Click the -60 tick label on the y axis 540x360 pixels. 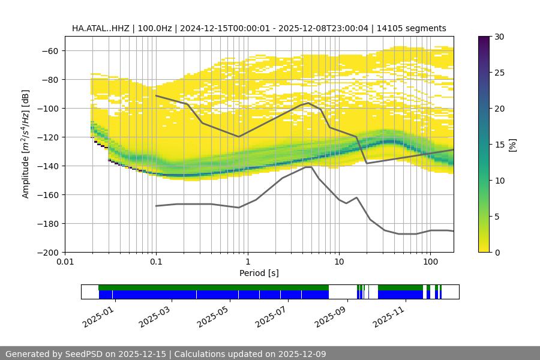pos(49,50)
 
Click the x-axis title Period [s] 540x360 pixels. pos(259,273)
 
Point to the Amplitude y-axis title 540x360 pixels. pos(25,144)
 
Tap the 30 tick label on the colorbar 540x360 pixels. pos(499,37)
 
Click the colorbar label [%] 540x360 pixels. pos(512,145)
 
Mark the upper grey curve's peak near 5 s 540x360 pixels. pos(308,103)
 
